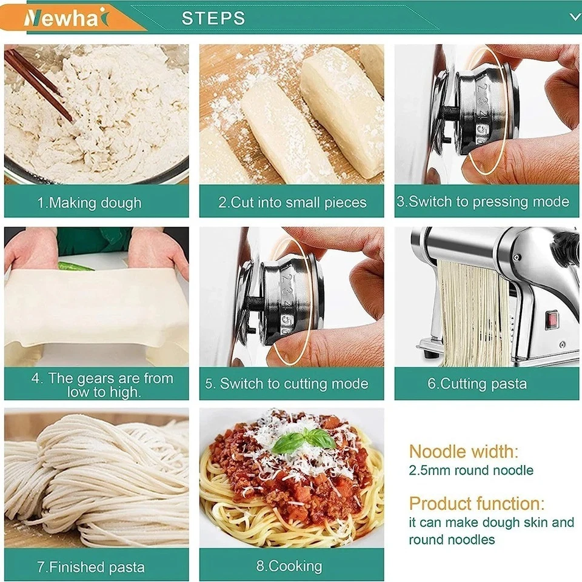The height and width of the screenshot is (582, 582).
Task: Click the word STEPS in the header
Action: click(x=213, y=18)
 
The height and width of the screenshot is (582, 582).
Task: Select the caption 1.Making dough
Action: click(x=90, y=202)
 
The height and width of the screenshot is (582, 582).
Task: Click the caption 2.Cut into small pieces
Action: click(x=292, y=202)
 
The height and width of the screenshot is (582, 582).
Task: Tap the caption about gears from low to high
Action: click(x=102, y=385)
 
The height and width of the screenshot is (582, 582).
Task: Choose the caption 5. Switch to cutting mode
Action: click(x=286, y=384)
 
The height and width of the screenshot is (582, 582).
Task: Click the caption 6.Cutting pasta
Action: click(x=477, y=384)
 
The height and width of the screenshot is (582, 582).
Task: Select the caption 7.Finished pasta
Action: click(x=90, y=567)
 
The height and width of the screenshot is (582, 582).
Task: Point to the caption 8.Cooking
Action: click(x=289, y=566)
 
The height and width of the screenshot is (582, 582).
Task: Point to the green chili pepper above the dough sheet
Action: click(x=76, y=266)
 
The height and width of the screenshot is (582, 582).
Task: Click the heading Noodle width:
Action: click(x=464, y=451)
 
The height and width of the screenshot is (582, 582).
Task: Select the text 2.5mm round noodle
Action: click(x=471, y=470)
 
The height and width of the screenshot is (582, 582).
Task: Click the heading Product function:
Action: click(x=477, y=503)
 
